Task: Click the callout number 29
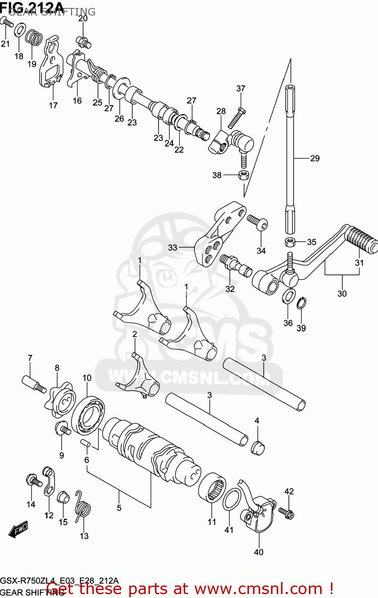(x=315, y=158)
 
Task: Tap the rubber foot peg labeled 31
(x=361, y=239)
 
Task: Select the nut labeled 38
(x=243, y=175)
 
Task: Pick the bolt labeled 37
(x=237, y=118)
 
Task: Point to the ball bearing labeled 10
(x=88, y=415)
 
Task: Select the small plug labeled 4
(x=257, y=447)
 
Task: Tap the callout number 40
(x=259, y=552)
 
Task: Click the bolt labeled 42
(x=286, y=512)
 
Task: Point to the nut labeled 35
(x=290, y=242)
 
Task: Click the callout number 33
(x=172, y=248)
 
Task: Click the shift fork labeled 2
(x=142, y=379)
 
